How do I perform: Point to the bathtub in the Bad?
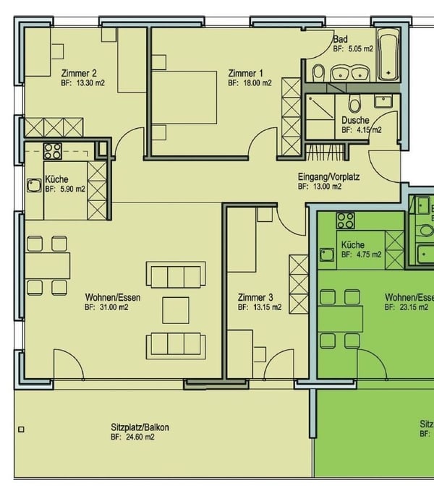pos(389,54)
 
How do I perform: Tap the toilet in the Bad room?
pos(318,72)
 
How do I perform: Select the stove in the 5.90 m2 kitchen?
pos(53,151)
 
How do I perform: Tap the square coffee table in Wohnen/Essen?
pos(176,309)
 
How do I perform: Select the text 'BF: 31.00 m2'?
pos(106,307)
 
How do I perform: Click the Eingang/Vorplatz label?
pos(329,176)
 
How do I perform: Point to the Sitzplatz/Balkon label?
pos(140,427)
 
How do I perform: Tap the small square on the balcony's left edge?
pos(22,429)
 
